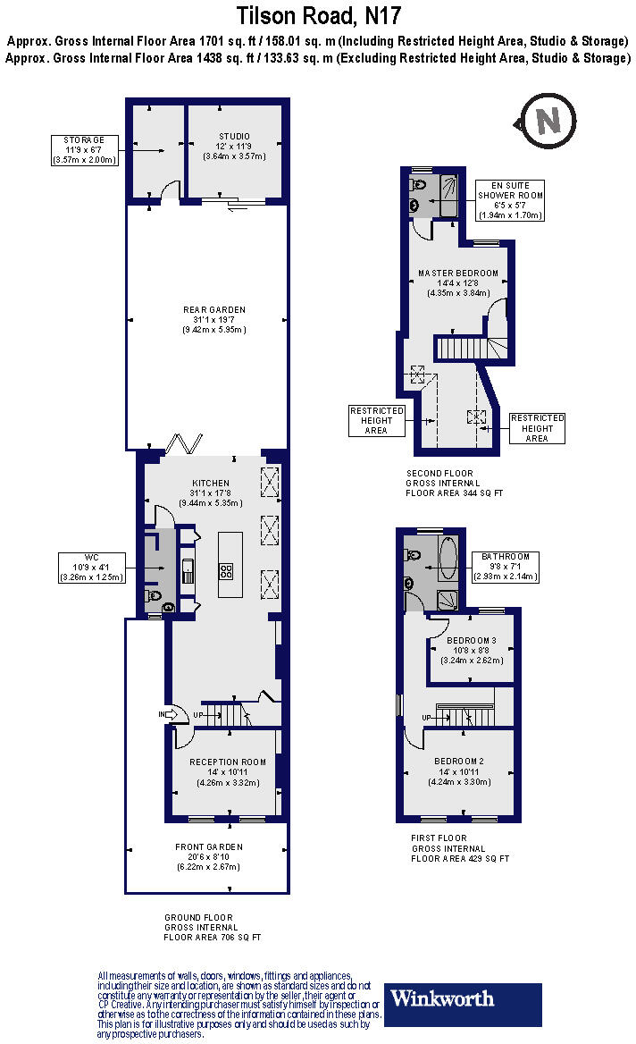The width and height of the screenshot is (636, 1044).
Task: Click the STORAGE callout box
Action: coord(85,150)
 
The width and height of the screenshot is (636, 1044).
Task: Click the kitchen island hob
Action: coord(226,570)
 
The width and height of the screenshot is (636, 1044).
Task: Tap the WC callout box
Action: coord(92,568)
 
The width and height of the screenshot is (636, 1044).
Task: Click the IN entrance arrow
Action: coord(169,714)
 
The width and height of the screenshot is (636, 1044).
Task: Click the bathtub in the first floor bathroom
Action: coord(448,558)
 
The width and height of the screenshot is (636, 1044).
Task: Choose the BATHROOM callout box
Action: coord(506,567)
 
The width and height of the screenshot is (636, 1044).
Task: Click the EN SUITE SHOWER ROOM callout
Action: coord(510,200)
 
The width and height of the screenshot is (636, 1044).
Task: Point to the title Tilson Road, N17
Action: coord(319,15)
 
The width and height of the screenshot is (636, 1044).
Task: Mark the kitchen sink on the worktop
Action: coord(188,570)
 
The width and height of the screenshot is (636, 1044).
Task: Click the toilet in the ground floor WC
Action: coord(154,596)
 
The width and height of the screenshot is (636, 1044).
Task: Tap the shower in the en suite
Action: coord(449,195)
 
